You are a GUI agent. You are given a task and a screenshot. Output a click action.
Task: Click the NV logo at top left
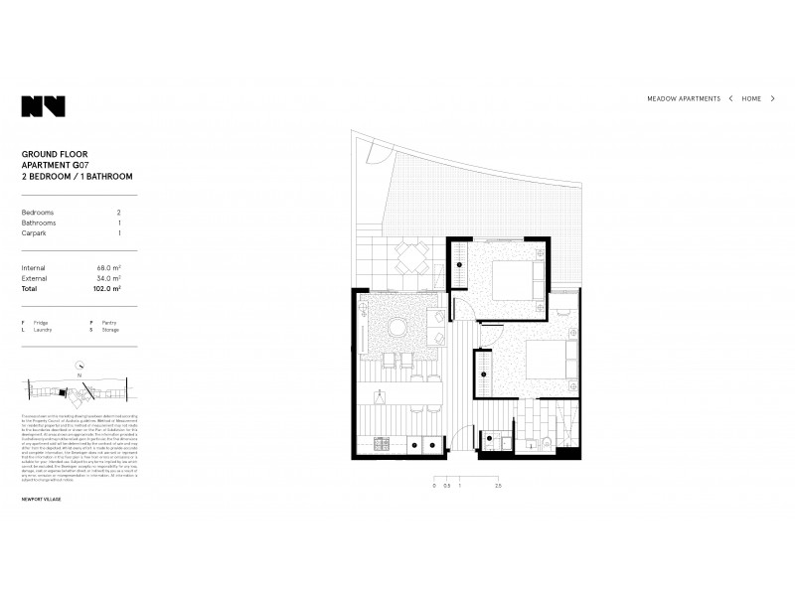click(x=43, y=106)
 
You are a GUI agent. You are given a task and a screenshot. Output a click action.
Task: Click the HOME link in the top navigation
click(x=751, y=99)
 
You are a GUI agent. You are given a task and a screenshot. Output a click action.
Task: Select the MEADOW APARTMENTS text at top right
click(x=684, y=99)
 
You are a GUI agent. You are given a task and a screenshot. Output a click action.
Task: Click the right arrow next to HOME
click(x=773, y=99)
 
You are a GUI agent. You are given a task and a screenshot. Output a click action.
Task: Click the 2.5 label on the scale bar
click(x=496, y=486)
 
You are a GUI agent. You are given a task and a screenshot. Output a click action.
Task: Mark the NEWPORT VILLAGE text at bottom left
click(x=41, y=499)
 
